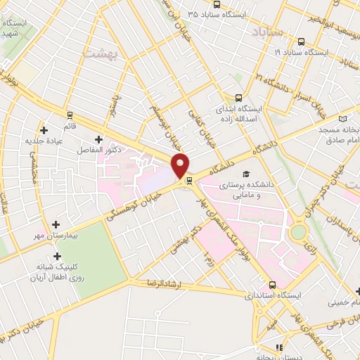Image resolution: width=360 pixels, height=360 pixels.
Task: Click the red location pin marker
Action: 181,165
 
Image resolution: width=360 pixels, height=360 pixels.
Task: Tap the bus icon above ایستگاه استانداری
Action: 272,285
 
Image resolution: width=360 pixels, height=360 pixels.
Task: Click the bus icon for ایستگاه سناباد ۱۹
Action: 301,41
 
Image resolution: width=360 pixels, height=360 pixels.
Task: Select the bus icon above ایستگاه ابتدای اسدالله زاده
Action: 238,98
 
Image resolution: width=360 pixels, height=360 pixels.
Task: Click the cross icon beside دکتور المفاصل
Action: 98,139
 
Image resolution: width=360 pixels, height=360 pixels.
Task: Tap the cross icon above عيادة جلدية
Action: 44,130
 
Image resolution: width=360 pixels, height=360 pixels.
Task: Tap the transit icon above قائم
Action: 70,114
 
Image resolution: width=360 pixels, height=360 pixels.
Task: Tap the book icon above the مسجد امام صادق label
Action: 344,121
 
